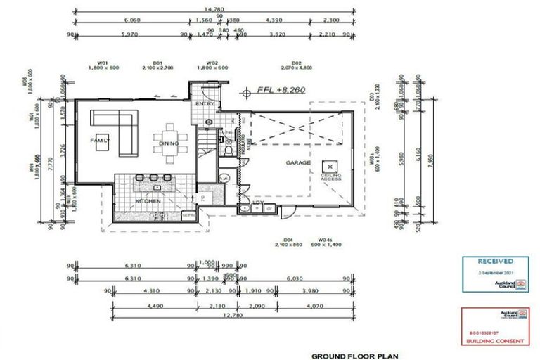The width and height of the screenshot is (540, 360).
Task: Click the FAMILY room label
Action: tap(100, 141)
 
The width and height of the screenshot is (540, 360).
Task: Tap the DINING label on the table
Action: tap(169, 143)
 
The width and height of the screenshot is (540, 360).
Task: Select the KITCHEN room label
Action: tap(148, 201)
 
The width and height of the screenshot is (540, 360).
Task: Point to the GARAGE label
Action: tap(297, 162)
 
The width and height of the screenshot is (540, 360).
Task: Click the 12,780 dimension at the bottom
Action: tap(212, 316)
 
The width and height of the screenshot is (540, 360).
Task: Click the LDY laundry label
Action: tap(257, 205)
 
